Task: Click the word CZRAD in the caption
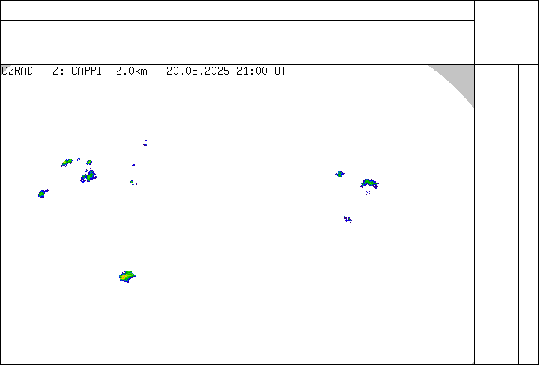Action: point(17,71)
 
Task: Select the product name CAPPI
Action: point(86,71)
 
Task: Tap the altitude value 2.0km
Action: point(132,71)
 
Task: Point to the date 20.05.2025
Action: point(198,71)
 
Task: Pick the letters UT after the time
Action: point(280,71)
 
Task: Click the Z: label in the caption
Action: point(58,71)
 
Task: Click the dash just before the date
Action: point(157,71)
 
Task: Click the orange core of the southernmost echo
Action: point(123,277)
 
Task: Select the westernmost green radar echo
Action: point(41,194)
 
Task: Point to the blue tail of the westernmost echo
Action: point(47,190)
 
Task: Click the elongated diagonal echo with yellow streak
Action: point(67,163)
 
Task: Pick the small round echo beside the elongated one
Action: point(90,163)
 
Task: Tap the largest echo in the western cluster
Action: point(90,176)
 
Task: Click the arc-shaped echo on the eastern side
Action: point(369,183)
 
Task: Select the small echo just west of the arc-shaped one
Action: point(340,174)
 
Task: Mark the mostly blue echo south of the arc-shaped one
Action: point(348,219)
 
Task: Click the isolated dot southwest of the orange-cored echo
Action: point(101,290)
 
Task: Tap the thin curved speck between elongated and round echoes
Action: point(78,159)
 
